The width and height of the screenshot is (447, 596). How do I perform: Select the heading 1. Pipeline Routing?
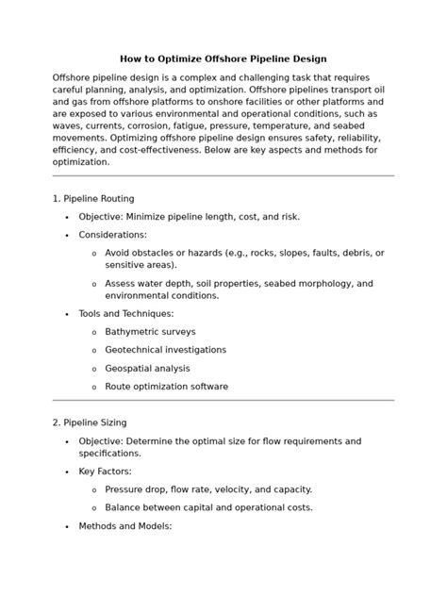tap(93, 198)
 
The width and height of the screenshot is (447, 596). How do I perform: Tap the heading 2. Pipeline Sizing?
tap(90, 422)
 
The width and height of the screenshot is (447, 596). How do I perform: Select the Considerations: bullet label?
tap(112, 234)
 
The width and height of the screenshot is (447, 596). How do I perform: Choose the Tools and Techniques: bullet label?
tap(125, 313)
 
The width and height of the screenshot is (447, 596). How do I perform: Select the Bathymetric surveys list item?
tap(150, 331)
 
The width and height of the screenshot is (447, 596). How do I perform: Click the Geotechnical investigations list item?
tap(165, 349)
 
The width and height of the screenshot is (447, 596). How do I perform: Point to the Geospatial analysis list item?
tap(147, 368)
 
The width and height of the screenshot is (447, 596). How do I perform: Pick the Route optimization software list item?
tap(166, 386)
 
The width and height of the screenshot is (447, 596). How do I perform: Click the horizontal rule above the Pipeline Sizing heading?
tap(223, 401)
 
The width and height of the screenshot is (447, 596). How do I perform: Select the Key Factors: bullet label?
tap(105, 471)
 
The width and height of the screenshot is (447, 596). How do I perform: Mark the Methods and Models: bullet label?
tap(124, 525)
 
